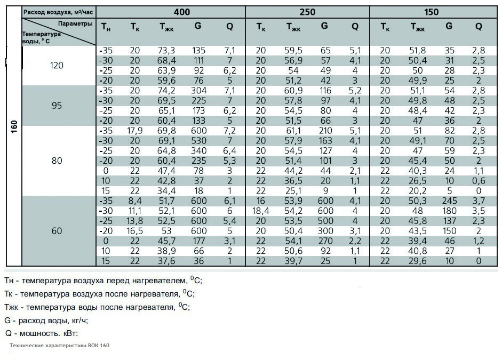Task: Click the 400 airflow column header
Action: coord(182,12)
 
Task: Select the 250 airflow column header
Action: coord(307,12)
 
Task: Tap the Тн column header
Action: coord(106,27)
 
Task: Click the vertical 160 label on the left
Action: coord(14,127)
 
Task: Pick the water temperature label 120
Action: coord(57,65)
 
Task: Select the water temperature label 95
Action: coord(57,105)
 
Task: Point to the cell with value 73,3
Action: coord(166,51)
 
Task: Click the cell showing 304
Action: coord(198,91)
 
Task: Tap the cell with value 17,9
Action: coord(135,131)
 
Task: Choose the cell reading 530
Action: coord(198,140)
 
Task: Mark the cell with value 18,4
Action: coord(261,211)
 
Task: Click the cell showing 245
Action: coord(449,201)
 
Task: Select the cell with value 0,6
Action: coord(479,181)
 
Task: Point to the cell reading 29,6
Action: coord(418,261)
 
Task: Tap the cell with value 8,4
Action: coord(135,201)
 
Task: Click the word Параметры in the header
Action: coord(75,23)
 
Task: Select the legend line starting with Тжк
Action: coord(97,307)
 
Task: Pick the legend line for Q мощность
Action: coord(42,333)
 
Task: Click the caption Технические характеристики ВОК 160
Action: coord(59,346)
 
